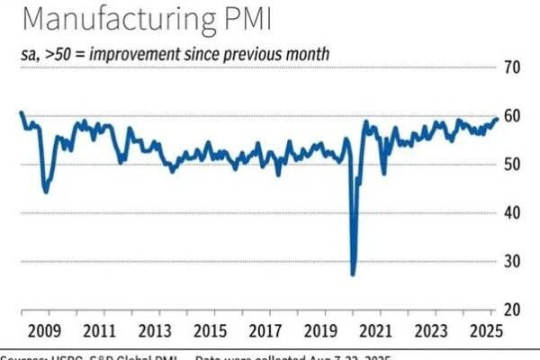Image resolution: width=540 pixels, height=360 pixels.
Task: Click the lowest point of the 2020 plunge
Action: tap(353, 274)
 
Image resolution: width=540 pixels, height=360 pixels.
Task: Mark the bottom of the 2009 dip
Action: tap(46, 192)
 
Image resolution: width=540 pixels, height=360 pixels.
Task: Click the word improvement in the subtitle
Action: tap(138, 54)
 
